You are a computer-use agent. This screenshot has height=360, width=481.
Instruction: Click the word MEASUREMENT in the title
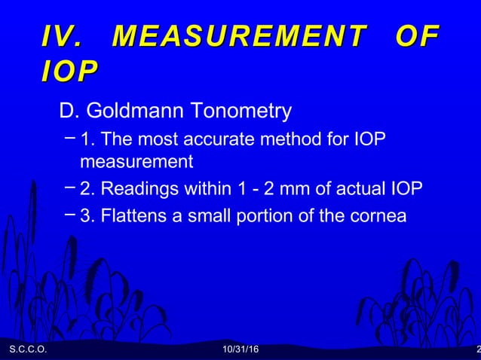point(238,36)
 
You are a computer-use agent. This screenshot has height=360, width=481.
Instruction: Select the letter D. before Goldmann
point(69,111)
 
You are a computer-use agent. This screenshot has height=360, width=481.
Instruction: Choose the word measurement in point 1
point(136,161)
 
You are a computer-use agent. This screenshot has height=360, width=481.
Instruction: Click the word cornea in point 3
point(378,215)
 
